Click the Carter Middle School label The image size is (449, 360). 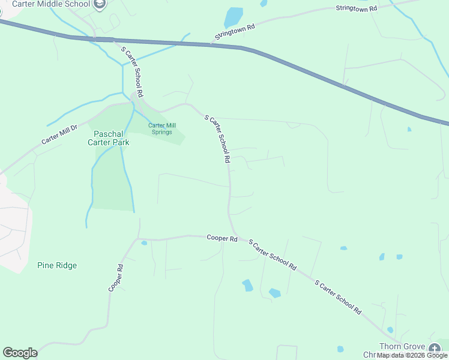pyautogui.click(x=50, y=4)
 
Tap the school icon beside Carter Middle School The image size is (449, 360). pyautogui.click(x=100, y=5)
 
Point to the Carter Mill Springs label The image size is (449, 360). pyautogui.click(x=160, y=128)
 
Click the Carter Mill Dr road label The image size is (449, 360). pyautogui.click(x=60, y=134)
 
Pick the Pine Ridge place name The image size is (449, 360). pyautogui.click(x=57, y=265)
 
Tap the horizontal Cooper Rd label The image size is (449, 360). pyautogui.click(x=222, y=238)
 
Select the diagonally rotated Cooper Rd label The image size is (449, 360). pyautogui.click(x=116, y=278)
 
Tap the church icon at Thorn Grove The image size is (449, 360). pyautogui.click(x=434, y=347)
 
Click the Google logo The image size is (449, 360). pyautogui.click(x=20, y=353)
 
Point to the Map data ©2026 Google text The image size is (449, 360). pyautogui.click(x=412, y=355)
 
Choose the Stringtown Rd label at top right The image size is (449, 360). pyautogui.click(x=356, y=8)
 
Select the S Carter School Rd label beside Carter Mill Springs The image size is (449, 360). pyautogui.click(x=217, y=140)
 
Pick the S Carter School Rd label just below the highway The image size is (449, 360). pyautogui.click(x=132, y=72)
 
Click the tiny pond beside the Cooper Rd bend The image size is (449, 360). pyautogui.click(x=144, y=243)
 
